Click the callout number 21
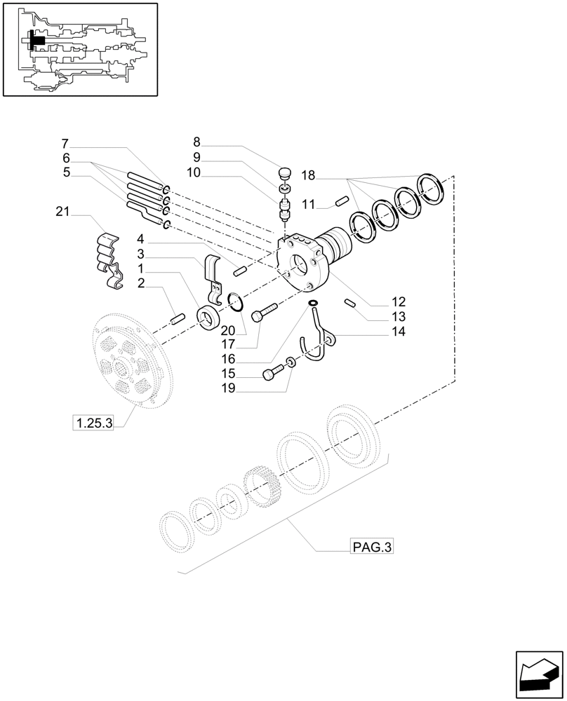(x=62, y=211)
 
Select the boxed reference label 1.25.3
(x=93, y=423)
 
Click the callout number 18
(x=308, y=175)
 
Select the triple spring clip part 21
(x=108, y=259)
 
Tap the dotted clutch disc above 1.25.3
(x=128, y=361)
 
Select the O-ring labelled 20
(x=236, y=303)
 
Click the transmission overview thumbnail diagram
(x=80, y=49)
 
